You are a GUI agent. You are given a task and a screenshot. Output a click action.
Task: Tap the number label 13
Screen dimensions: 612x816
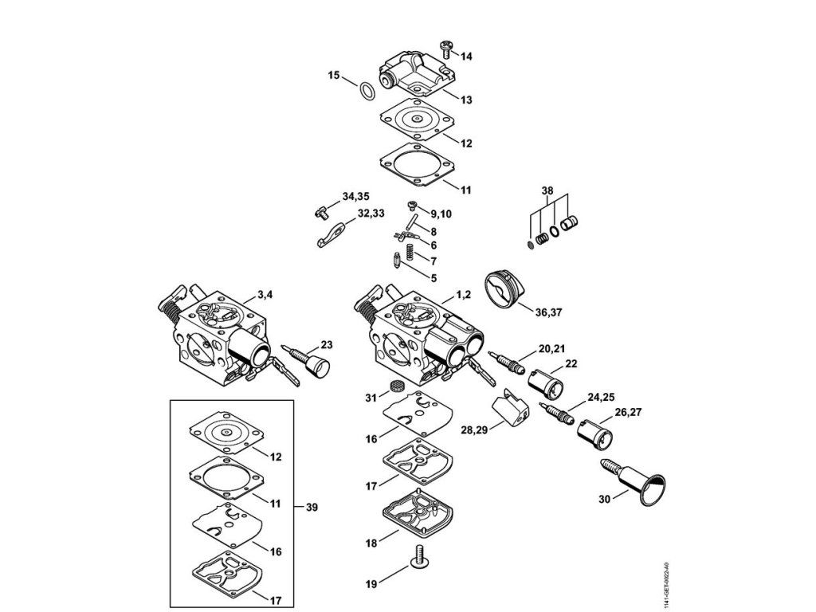point(466,100)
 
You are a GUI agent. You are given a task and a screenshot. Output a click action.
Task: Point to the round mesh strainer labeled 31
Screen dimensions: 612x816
point(392,388)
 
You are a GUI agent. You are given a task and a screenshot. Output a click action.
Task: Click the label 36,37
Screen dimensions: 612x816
point(548,312)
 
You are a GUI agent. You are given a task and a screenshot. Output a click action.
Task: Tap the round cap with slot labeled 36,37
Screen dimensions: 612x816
point(504,287)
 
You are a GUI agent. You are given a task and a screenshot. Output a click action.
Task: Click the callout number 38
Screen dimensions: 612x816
point(546,191)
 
